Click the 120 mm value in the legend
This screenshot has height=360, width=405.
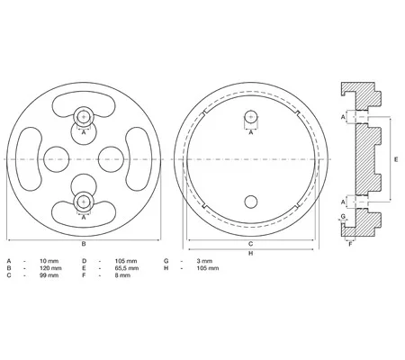50,268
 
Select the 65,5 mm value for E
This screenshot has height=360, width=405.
127,268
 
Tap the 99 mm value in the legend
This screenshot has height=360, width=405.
49,275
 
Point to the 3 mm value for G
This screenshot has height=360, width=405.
204,261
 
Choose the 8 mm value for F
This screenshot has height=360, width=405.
122,275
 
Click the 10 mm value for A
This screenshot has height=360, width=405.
49,261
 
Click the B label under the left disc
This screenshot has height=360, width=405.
84,244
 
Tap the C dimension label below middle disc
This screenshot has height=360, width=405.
251,244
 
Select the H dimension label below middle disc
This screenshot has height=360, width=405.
251,254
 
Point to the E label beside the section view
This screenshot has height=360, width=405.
396,159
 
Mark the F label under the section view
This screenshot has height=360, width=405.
350,244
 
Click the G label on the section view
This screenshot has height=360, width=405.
343,216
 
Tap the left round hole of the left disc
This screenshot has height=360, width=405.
57,159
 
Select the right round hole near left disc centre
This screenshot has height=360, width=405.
111,159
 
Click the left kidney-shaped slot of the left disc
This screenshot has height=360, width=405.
29,159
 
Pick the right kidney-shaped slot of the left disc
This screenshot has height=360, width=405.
139,159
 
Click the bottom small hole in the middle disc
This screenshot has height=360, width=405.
251,202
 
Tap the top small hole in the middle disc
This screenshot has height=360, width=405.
251,117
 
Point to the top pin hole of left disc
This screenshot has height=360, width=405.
84,117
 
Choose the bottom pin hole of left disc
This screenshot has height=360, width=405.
84,202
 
